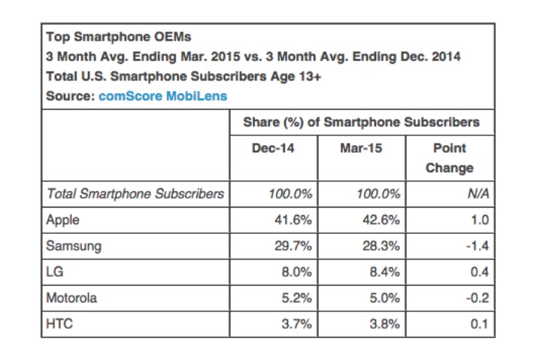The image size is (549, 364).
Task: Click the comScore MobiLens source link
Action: pos(162,96)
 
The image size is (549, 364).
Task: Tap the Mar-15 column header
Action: pos(361,148)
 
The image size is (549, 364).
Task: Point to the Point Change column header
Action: pos(450,158)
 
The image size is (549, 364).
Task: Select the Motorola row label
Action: pos(72,299)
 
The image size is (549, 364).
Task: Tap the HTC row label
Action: pos(59,324)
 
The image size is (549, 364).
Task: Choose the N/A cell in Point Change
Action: pos(479,194)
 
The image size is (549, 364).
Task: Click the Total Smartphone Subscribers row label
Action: pos(135,194)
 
